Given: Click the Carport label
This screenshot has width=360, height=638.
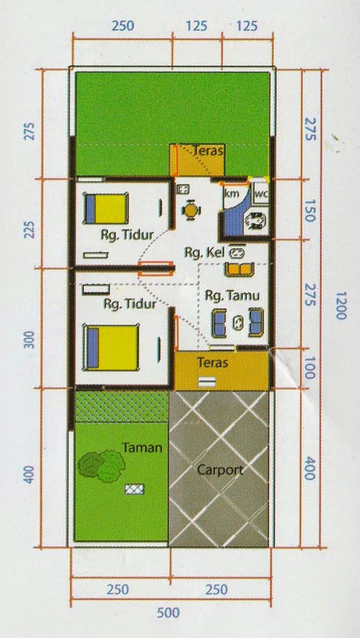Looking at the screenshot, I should click(x=220, y=470).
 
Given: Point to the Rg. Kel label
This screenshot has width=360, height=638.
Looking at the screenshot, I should click(x=204, y=252).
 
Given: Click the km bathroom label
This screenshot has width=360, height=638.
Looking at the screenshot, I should click(x=231, y=193).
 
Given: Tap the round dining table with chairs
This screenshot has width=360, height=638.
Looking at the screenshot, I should click(x=190, y=211).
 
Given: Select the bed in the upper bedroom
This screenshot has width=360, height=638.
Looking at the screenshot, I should click(x=106, y=208).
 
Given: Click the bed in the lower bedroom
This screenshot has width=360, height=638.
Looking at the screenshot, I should click(x=112, y=346).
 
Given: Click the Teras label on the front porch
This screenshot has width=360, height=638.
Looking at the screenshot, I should click(x=212, y=362).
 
